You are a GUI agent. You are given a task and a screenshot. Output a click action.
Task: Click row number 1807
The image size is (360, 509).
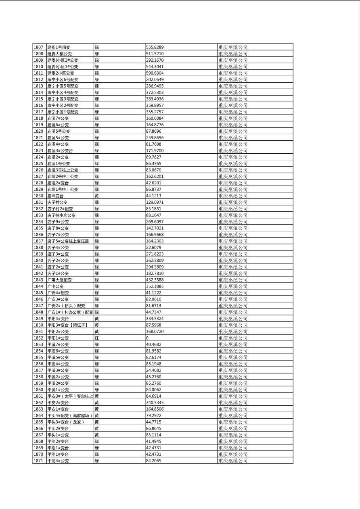[x=38, y=47]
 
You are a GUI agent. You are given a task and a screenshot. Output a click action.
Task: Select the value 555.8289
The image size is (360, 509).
[x=155, y=47]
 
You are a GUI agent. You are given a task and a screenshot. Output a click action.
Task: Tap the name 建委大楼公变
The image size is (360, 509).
[x=59, y=54]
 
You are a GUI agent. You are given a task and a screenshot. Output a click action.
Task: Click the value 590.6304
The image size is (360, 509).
[x=155, y=73]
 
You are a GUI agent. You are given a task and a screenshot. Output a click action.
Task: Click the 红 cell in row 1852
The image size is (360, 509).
[x=96, y=338]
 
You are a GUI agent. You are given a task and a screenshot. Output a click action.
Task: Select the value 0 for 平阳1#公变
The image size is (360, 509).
[x=147, y=338]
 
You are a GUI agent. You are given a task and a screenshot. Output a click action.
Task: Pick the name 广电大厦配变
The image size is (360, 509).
[x=59, y=280]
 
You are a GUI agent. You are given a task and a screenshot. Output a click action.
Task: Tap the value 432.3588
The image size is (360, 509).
[x=155, y=280]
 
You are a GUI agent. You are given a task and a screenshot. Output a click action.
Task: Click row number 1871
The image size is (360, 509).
[x=38, y=461]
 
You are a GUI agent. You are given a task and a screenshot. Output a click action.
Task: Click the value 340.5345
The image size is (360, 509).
[x=155, y=403]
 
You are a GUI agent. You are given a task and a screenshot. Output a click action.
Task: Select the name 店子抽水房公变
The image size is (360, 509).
[x=61, y=215]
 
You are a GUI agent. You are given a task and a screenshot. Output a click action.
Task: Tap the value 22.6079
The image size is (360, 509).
[x=153, y=248]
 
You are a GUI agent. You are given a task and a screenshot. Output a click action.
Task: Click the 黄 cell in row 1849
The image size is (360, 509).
[x=96, y=319]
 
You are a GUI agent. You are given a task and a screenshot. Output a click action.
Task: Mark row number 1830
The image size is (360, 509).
[x=38, y=196]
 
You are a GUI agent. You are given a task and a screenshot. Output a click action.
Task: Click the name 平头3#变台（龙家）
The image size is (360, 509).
[x=66, y=422]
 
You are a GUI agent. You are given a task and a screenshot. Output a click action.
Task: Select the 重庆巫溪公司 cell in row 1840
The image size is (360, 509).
[x=233, y=261]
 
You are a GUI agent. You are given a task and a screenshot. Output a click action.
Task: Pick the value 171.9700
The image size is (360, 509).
[x=155, y=150]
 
